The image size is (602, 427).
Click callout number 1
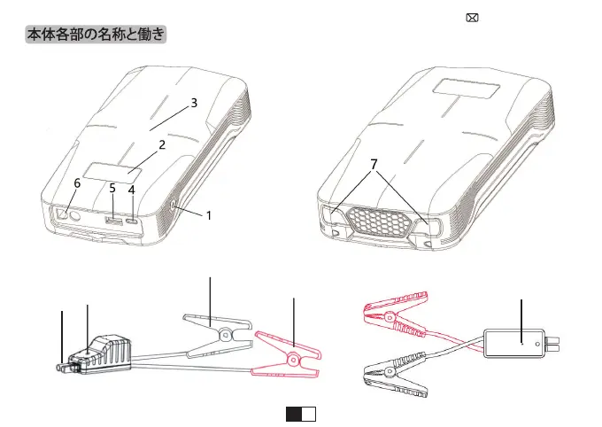[x=209, y=214]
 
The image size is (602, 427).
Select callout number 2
[x=160, y=144]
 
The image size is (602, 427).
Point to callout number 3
[x=194, y=103]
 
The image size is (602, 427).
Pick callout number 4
[x=131, y=189]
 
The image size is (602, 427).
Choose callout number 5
[x=112, y=188]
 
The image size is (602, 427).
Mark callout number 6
[x=77, y=183]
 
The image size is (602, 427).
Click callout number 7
[x=374, y=164]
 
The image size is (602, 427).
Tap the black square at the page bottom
[x=293, y=414]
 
